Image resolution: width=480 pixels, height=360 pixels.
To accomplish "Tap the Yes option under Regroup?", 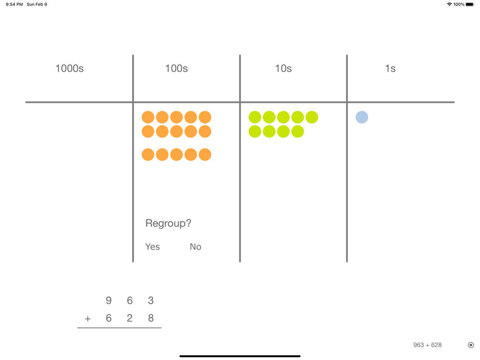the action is [x=153, y=247].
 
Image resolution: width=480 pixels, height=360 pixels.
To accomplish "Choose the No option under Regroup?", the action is [x=195, y=247].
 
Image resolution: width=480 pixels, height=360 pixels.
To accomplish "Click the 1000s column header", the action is [x=70, y=68].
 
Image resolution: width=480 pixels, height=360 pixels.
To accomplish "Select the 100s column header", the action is [x=176, y=68].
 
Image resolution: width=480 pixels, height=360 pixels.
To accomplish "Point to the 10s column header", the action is [x=283, y=68].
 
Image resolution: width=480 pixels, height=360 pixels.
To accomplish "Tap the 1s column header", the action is [x=390, y=68].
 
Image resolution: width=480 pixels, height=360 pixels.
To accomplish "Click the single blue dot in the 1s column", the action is [x=362, y=117].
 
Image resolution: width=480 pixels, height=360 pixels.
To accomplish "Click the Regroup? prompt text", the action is [x=168, y=223].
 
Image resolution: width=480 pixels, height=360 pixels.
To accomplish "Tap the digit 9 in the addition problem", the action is [x=108, y=300].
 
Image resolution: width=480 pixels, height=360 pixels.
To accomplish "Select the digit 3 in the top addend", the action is [x=151, y=300].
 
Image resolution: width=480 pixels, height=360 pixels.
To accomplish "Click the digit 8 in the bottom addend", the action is [x=151, y=318].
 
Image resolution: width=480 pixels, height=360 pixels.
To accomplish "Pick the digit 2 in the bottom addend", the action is [x=130, y=318].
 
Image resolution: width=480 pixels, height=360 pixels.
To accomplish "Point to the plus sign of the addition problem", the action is [x=87, y=319].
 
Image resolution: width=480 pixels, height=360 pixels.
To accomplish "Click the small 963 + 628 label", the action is [x=427, y=345].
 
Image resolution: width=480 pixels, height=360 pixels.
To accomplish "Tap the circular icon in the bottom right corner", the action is [x=471, y=345].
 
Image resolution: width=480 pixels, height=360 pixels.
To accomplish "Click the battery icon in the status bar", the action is [x=470, y=4].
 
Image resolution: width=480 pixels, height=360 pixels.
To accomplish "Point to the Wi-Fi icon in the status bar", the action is [x=449, y=4].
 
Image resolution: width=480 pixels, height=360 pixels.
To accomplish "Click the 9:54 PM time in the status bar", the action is [x=14, y=4].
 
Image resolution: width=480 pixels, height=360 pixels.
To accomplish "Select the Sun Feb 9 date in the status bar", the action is [x=37, y=4].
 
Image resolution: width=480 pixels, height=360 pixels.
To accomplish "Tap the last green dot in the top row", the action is [x=312, y=117].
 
